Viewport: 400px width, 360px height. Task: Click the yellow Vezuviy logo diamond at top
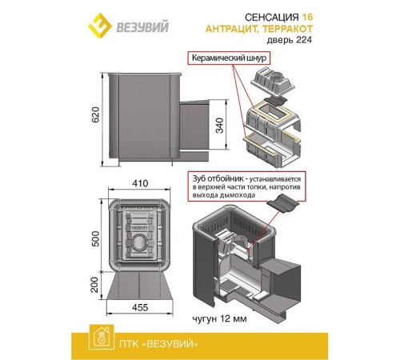click(100, 26)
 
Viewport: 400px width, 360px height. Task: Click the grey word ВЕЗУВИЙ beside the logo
click(142, 27)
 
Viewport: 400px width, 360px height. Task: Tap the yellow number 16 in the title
click(307, 18)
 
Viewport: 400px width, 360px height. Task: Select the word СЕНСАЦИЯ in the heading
click(272, 18)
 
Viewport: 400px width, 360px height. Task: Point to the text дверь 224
click(290, 40)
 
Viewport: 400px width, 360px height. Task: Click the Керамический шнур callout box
click(229, 58)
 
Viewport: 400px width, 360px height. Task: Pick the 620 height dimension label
click(95, 114)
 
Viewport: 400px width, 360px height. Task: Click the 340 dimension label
click(219, 126)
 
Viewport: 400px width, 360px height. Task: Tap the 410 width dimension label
click(140, 183)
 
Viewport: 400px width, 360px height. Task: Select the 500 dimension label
click(95, 238)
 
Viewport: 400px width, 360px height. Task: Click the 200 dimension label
click(94, 285)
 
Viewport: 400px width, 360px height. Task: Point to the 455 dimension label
click(140, 307)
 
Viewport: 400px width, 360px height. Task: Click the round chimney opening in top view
click(138, 242)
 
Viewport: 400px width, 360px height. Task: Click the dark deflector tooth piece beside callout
click(283, 203)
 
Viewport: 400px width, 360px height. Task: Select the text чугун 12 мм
click(219, 318)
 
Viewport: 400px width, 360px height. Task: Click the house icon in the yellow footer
click(102, 337)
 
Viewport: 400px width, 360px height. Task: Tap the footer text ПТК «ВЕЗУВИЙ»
click(158, 344)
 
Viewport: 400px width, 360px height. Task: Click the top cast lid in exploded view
click(272, 82)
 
